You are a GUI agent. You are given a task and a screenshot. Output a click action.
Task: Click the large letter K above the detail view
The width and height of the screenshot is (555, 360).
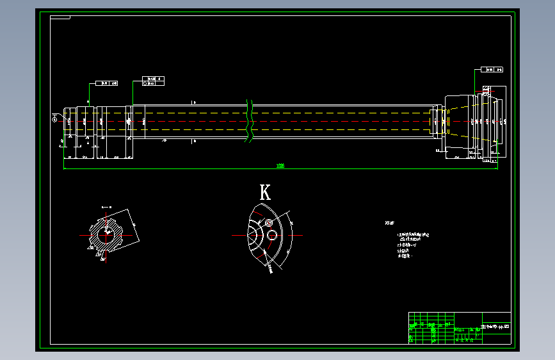point(265,192)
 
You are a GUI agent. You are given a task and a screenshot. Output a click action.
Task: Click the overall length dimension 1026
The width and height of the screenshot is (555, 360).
point(280,166)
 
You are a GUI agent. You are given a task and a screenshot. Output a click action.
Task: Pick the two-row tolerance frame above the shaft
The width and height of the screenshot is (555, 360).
point(152,80)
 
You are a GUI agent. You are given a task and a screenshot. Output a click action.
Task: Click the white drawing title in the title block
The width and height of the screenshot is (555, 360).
point(496,327)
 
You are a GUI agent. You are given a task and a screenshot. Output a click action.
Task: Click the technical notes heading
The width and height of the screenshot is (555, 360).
point(389,223)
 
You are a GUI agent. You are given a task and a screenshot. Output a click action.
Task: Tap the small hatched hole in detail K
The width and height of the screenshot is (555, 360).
point(269,223)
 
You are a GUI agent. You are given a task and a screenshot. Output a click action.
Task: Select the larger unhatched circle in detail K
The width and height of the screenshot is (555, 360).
point(272,235)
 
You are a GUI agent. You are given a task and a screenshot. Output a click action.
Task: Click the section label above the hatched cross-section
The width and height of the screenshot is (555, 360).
point(107,207)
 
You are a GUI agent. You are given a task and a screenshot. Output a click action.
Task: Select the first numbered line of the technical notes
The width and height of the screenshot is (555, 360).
point(410,234)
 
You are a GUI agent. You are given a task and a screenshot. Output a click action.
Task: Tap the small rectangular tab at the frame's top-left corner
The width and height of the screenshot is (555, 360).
point(61,17)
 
